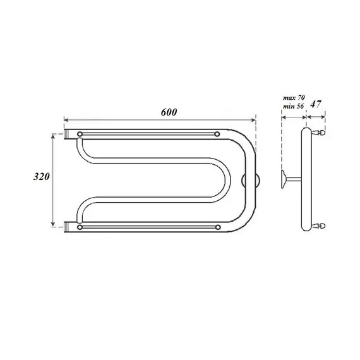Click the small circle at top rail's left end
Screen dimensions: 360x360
pos(80,135)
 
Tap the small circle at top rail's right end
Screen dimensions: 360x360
pos(217,135)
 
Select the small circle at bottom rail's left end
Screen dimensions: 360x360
pos(80,226)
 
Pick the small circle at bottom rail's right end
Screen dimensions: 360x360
pos(217,226)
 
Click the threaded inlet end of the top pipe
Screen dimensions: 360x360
pos(69,135)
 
